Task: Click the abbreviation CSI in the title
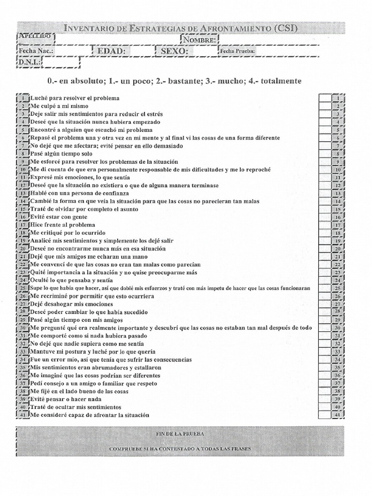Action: [283, 28]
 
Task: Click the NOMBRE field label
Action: [200, 40]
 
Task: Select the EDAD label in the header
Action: [111, 51]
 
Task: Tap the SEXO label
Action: [174, 51]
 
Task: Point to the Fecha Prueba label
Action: [237, 51]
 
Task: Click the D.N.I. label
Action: [29, 62]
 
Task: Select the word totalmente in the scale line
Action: [281, 81]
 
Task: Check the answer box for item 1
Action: [324, 98]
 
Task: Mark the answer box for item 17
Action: [324, 225]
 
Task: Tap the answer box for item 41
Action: [324, 415]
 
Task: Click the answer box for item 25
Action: [324, 288]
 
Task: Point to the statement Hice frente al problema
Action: [62, 225]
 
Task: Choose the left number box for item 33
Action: [23, 352]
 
